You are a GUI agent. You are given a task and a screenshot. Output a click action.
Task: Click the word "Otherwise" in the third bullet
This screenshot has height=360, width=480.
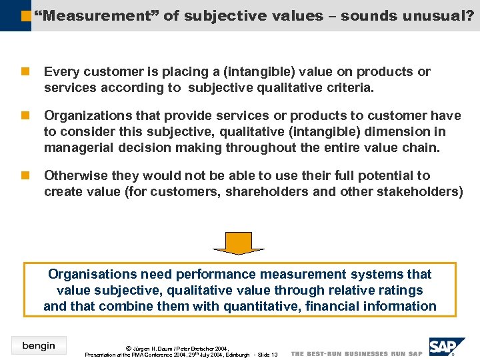75,175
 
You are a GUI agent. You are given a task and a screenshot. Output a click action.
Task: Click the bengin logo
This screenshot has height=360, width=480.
39,345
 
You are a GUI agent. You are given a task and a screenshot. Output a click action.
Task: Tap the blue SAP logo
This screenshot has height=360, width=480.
448,348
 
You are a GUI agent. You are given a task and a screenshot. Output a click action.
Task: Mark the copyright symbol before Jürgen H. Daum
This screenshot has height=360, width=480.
128,348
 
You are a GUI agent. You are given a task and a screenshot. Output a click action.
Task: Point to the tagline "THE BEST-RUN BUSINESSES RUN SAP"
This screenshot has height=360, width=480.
357,353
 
